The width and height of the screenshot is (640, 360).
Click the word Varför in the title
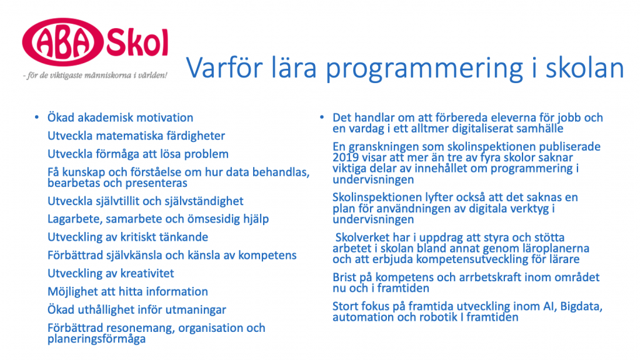click(224, 67)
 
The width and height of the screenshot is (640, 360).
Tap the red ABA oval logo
click(62, 42)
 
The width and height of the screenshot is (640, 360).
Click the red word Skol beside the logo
click(137, 42)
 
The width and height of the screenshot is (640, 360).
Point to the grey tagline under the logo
click(95, 76)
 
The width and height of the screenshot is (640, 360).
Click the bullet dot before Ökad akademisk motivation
click(37, 117)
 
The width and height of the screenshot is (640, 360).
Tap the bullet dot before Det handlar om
click(322, 117)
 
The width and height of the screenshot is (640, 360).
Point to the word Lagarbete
click(74, 219)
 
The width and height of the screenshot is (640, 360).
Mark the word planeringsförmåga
click(96, 339)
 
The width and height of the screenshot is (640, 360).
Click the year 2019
click(345, 157)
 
